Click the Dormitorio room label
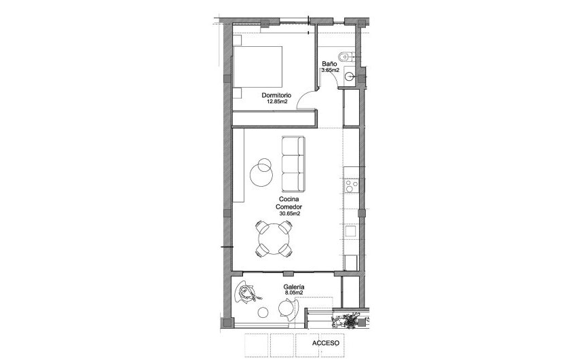click(277, 95)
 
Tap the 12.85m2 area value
click(277, 102)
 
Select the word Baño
click(330, 64)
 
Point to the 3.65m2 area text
click(331, 70)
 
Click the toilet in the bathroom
click(346, 57)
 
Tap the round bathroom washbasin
click(350, 77)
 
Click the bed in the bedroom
click(258, 67)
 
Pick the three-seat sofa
click(293, 164)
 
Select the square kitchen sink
click(351, 231)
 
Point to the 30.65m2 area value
click(290, 213)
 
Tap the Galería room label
click(294, 287)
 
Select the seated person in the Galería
click(246, 293)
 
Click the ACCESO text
click(327, 344)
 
